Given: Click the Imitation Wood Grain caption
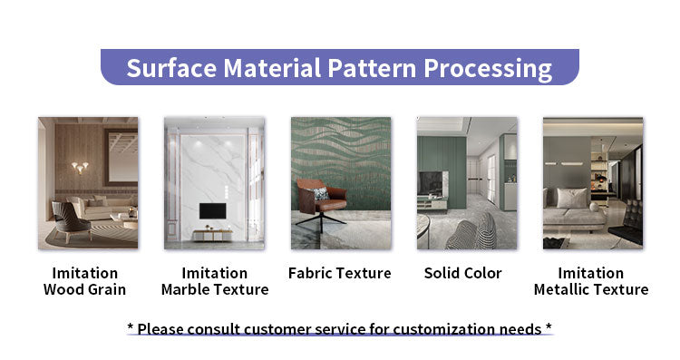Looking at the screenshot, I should pos(84,281).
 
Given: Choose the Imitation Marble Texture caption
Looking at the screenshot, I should pos(215,281).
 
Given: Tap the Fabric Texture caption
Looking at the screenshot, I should pos(339,273).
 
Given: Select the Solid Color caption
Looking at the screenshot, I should pos(462,273).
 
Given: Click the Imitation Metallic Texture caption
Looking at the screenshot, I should pos(591,281).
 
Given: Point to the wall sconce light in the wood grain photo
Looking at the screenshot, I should pos(80,168).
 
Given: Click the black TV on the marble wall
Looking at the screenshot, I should pos(214,212).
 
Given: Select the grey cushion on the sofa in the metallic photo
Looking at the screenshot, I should pos(571,199).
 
